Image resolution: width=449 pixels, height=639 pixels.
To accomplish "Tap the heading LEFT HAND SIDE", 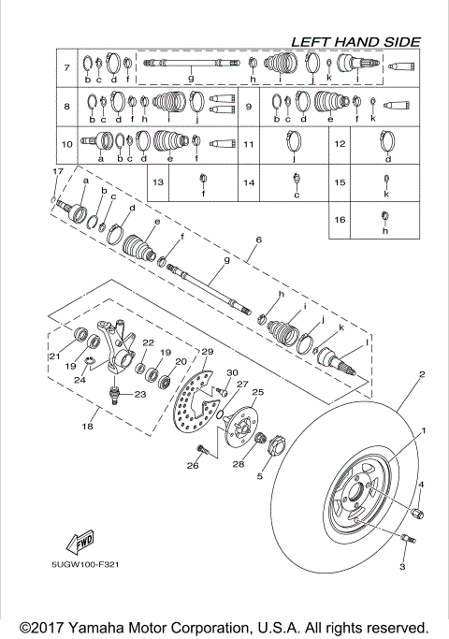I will (x=355, y=41).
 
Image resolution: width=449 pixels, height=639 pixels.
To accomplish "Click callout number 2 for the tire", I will (x=422, y=374).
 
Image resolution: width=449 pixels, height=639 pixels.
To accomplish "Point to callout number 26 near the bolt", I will (x=194, y=465).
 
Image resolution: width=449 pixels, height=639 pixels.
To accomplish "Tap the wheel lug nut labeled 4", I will (x=418, y=514).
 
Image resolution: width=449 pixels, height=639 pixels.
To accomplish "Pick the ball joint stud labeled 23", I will (x=114, y=390).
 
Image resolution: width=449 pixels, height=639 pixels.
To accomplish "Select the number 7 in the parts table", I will (x=67, y=69).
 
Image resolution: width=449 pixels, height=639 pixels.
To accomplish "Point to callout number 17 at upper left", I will (x=57, y=172).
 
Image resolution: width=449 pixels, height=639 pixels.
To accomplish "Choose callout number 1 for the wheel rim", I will (x=422, y=431).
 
